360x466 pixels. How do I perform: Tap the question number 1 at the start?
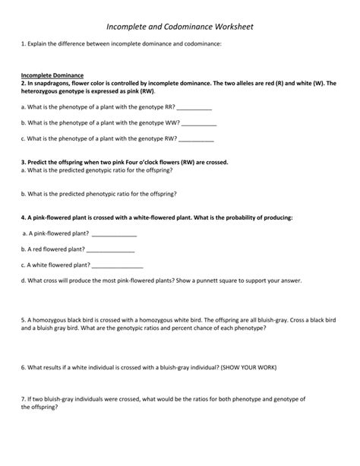(x=24, y=45)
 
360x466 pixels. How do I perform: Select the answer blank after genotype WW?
(x=200, y=123)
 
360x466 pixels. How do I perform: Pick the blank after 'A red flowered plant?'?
(x=111, y=249)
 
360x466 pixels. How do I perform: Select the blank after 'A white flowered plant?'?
(x=117, y=265)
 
